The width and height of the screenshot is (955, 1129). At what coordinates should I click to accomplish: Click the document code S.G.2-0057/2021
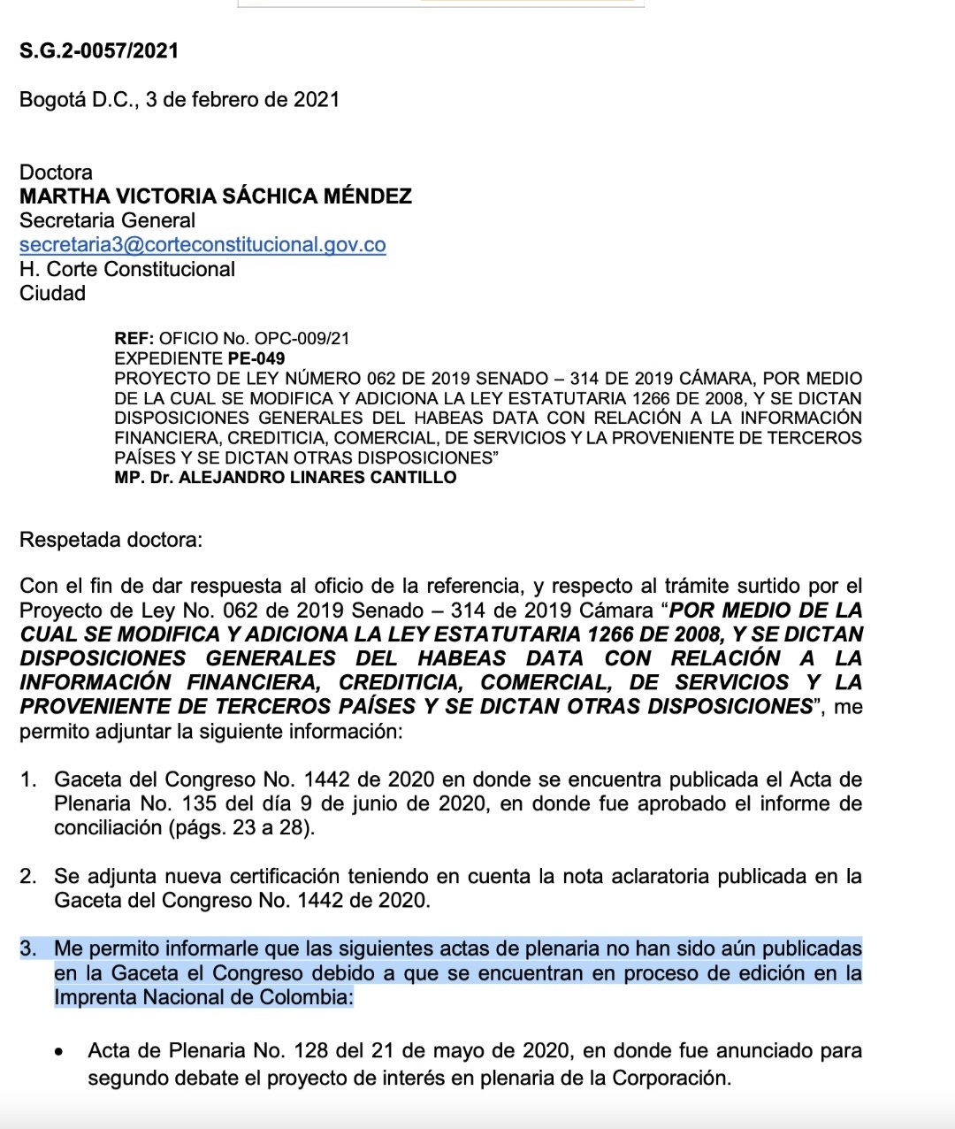coord(99,50)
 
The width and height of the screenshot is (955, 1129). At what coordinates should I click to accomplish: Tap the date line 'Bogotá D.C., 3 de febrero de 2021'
coord(180,99)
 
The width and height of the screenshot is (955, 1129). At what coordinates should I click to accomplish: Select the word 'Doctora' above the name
coord(56,172)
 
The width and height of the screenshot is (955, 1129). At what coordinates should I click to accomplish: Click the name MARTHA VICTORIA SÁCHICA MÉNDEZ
coord(216,196)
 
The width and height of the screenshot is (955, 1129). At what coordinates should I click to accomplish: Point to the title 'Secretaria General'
coord(107,220)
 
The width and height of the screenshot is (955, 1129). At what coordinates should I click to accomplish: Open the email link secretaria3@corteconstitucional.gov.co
coord(202,244)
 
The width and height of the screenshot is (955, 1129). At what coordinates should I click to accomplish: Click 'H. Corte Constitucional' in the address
coord(127,269)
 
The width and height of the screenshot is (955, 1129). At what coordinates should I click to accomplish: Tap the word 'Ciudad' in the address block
coord(52,293)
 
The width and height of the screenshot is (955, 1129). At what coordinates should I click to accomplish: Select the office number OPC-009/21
coord(302,338)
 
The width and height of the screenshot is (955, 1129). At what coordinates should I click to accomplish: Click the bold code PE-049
coord(256,358)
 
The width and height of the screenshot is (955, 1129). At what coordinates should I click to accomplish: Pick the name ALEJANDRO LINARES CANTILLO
coord(317,478)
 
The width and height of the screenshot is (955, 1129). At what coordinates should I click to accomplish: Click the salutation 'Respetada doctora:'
coord(111,540)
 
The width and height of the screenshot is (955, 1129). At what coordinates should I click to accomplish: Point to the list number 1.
coord(28,780)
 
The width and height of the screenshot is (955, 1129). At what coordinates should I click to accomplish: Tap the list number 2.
coord(28,877)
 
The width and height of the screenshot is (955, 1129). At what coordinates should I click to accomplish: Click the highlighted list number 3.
coord(28,949)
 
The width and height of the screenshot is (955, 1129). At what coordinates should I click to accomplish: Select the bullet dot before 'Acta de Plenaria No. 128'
coord(58,1053)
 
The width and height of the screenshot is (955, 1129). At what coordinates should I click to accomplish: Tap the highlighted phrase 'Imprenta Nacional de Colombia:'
coord(203,997)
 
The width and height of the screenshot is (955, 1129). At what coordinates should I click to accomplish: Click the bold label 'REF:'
coord(134,338)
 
